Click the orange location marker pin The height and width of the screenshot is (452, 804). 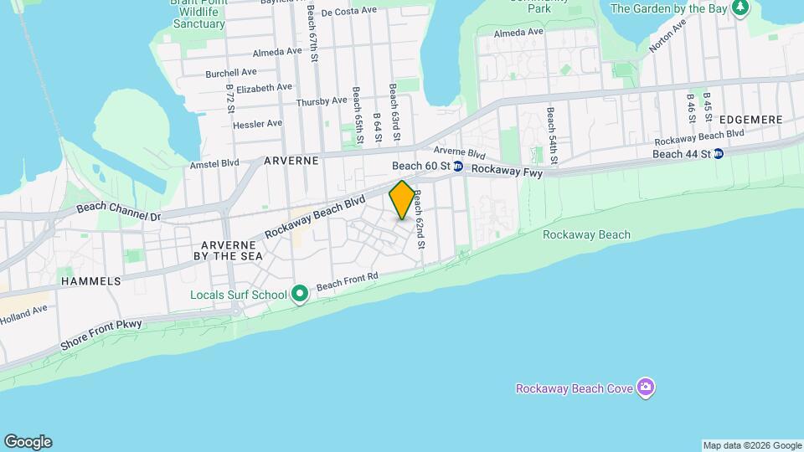402,200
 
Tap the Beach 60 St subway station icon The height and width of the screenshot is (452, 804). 458,167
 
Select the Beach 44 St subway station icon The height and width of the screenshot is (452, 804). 718,154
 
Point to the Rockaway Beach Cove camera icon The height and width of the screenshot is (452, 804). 645,388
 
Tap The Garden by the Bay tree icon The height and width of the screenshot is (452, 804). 739,8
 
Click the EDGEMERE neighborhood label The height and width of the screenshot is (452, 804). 750,120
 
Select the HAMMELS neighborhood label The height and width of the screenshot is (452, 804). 90,282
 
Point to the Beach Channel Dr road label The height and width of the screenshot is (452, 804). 118,212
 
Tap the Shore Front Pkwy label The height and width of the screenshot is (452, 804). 101,335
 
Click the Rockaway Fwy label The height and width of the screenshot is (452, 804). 507,171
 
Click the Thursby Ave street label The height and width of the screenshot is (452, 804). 321,101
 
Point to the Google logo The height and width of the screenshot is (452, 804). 28,442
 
